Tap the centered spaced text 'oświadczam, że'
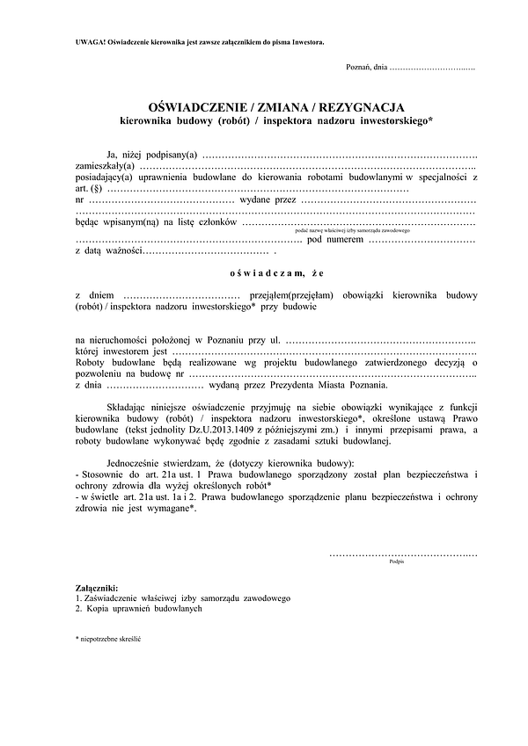click(265, 273)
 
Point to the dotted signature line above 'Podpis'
click(403, 554)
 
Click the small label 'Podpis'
click(396, 562)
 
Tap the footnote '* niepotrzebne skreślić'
click(109, 638)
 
